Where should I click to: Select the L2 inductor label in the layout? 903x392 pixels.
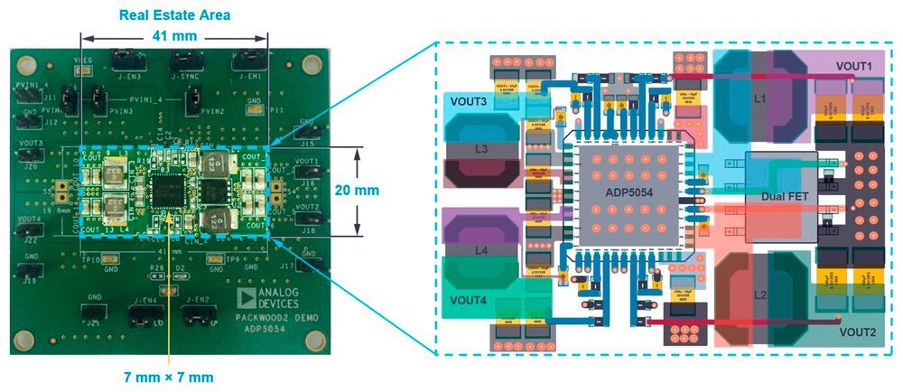click(759, 296)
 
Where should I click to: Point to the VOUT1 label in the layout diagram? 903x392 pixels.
click(853, 66)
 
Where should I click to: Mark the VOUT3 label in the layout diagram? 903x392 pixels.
click(469, 102)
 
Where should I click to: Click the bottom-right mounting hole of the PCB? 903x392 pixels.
click(314, 339)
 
